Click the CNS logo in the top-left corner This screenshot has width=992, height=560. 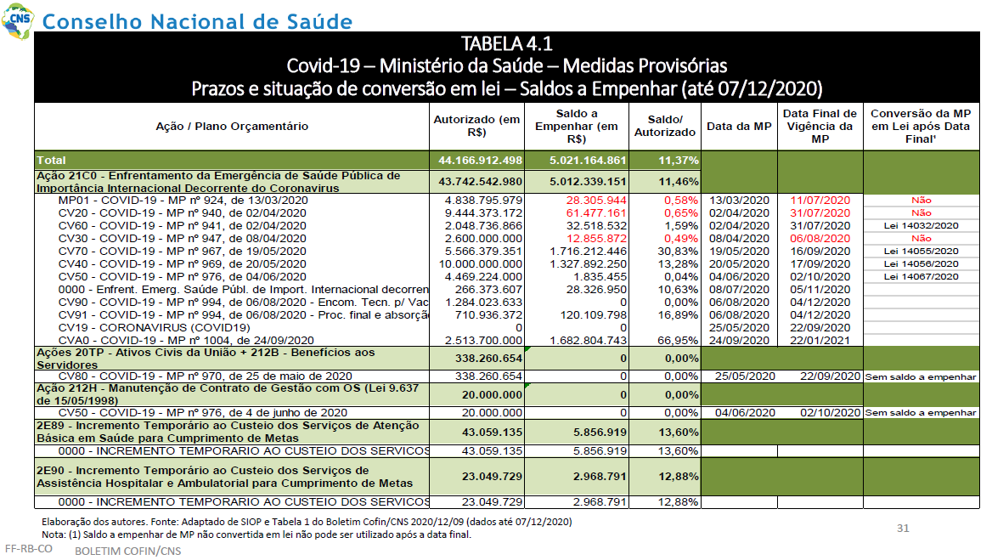point(17,20)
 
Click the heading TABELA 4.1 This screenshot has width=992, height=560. point(506,43)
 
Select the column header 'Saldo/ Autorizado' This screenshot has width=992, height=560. point(664,126)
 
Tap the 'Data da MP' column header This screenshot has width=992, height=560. point(739,126)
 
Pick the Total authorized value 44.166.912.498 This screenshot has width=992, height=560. point(480,161)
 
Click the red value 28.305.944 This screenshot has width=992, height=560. point(596,201)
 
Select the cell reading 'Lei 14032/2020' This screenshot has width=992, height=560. point(922,226)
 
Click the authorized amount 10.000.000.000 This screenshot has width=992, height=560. point(481,264)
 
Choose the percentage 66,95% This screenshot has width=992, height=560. point(678,341)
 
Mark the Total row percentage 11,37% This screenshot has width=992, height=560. point(679,161)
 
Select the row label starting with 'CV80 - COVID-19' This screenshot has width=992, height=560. point(205,376)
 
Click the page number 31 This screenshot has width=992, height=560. point(903,529)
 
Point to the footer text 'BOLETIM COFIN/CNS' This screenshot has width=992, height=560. point(127,552)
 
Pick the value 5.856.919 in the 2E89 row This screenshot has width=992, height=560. point(600,433)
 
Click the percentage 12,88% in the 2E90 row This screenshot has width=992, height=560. point(679,477)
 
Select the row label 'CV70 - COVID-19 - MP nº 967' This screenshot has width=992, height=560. point(183,252)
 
